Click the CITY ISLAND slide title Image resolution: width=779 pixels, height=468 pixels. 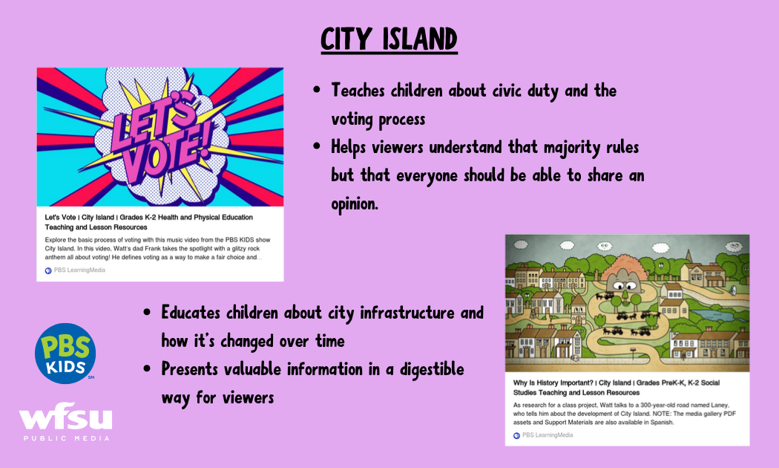(389, 39)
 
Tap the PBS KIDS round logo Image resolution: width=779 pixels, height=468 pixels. (65, 353)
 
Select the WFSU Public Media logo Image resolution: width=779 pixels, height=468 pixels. (65, 421)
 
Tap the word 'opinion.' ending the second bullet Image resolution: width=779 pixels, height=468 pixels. (355, 204)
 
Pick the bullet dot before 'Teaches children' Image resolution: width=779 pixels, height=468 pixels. (317, 91)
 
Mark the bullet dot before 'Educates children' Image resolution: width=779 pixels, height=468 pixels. (147, 312)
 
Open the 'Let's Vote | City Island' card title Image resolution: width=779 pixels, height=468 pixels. (149, 222)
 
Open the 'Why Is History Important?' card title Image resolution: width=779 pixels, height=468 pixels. (616, 388)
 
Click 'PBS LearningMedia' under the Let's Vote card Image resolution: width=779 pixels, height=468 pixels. (79, 270)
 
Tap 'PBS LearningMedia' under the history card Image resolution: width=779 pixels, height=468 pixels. (548, 435)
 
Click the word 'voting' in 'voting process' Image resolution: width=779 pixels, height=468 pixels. (352, 120)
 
